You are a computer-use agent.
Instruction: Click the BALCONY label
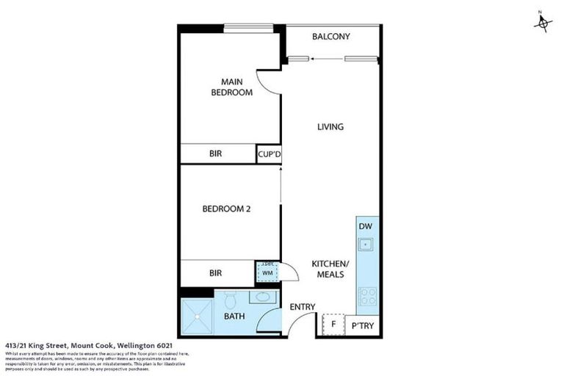point(330,37)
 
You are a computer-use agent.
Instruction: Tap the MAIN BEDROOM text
point(231,87)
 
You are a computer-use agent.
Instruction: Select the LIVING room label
point(330,127)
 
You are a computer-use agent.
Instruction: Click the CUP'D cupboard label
point(269,154)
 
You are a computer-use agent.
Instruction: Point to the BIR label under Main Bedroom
point(216,154)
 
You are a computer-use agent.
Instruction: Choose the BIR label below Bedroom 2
point(216,273)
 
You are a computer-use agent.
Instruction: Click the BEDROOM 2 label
point(227,209)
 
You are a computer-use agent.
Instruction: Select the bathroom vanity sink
point(261,299)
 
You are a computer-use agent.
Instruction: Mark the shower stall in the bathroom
point(197,316)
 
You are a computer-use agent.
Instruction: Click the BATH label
point(236,319)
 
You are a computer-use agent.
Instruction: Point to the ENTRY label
point(302,307)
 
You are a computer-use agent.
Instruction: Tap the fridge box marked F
point(333,323)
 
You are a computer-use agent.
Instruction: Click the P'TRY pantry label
point(364,324)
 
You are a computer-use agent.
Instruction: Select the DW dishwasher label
point(366,226)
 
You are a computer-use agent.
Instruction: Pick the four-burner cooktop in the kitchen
point(366,297)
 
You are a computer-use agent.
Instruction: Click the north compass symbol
point(542,23)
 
